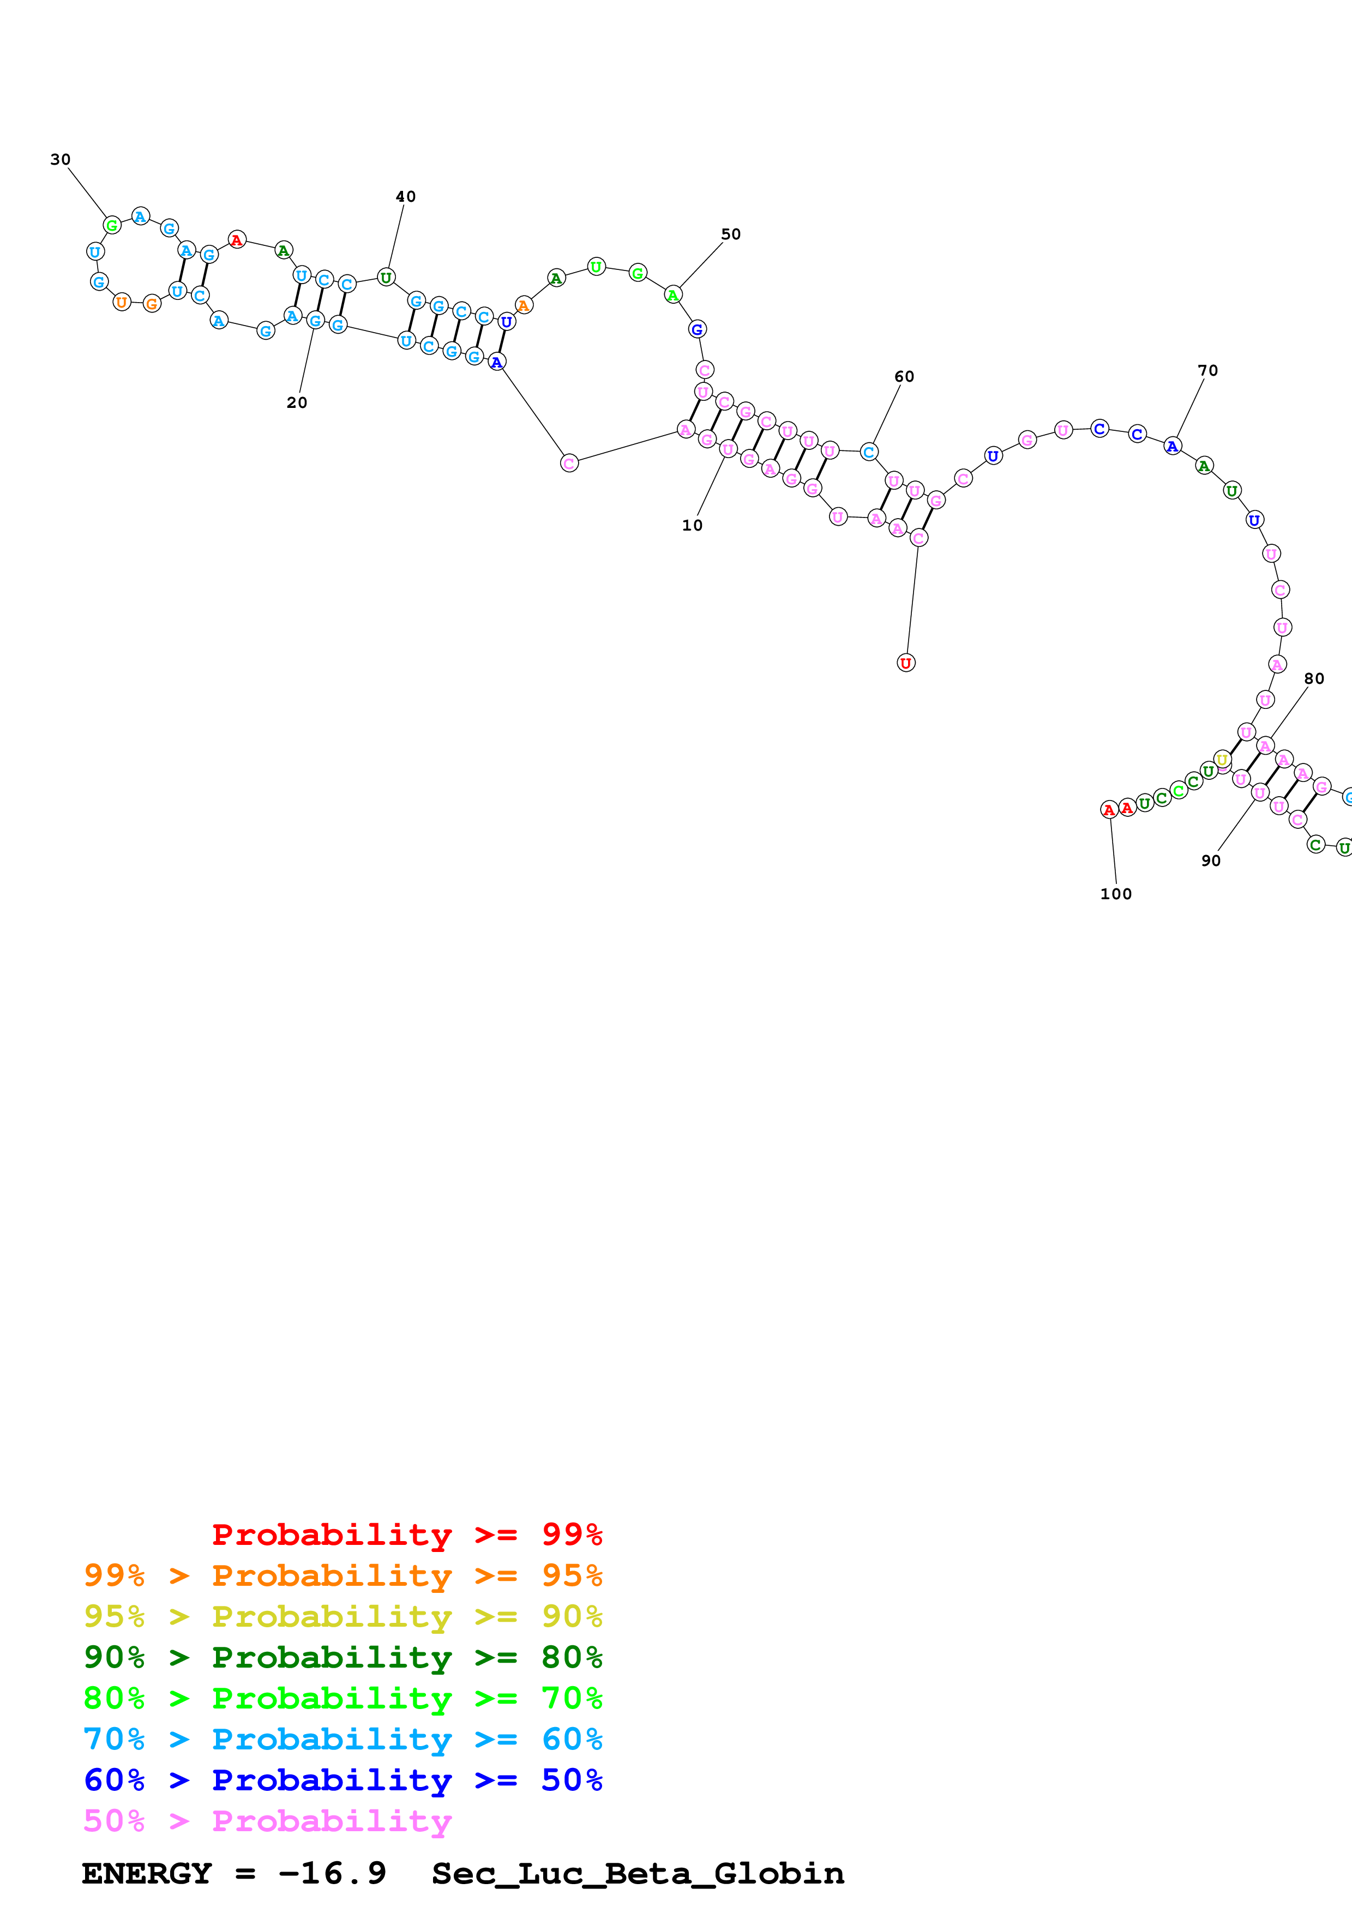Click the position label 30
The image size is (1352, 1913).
click(x=60, y=159)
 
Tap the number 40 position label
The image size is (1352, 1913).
click(x=406, y=197)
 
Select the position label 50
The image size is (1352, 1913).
click(x=731, y=234)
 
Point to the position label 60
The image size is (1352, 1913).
click(x=904, y=377)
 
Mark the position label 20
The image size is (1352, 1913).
click(x=297, y=402)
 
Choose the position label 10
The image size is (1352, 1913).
click(x=692, y=525)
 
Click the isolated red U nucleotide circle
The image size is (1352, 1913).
click(x=905, y=663)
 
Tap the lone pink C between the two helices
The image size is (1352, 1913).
click(x=569, y=463)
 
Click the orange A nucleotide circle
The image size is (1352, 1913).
click(x=523, y=306)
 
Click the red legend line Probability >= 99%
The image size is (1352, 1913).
click(x=406, y=1535)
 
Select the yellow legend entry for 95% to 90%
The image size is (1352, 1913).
click(x=342, y=1616)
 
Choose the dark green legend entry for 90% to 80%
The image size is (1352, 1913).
click(x=342, y=1657)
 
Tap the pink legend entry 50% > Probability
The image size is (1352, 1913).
click(x=267, y=1821)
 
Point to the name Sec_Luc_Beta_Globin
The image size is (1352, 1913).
click(x=637, y=1874)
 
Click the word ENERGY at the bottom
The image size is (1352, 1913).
click(x=147, y=1874)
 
